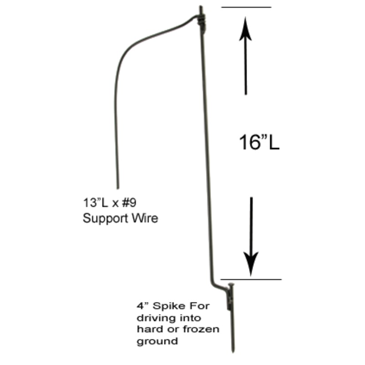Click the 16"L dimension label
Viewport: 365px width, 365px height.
tap(259, 143)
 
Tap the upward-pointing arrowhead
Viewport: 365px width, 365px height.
tap(245, 28)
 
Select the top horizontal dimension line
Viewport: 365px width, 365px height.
tap(246, 7)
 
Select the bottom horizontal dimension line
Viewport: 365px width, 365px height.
tap(251, 279)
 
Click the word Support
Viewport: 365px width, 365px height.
tap(102, 219)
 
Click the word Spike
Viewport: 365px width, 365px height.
tap(169, 306)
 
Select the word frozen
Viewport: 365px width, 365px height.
tap(203, 328)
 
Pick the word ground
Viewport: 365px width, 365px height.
tap(157, 341)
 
